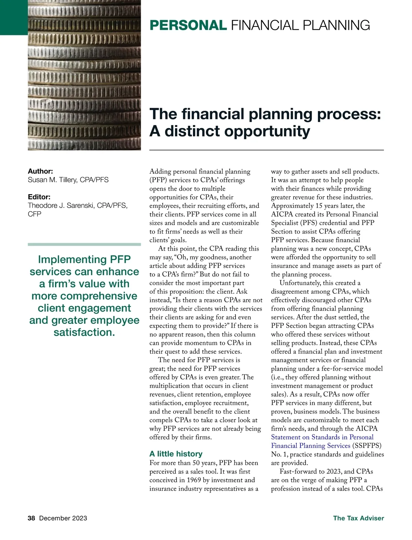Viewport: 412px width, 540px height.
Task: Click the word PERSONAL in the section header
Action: pyautogui.click(x=188, y=25)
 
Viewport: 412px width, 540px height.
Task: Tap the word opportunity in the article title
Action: pyautogui.click(x=237, y=131)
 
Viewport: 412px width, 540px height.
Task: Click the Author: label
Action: pyautogui.click(x=40, y=171)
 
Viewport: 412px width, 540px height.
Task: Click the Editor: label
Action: pyautogui.click(x=39, y=197)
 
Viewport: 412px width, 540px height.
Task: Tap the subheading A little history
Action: pyautogui.click(x=176, y=454)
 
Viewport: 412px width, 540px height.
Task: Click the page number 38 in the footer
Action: pyautogui.click(x=31, y=518)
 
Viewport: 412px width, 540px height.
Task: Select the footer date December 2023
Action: pyautogui.click(x=63, y=518)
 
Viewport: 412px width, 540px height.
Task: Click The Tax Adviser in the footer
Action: pyautogui.click(x=358, y=518)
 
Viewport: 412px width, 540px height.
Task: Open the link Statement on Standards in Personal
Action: pyautogui.click(x=322, y=437)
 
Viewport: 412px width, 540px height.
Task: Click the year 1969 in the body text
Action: pyautogui.click(x=194, y=480)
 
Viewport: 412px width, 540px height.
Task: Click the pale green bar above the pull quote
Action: pyautogui.click(x=84, y=244)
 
